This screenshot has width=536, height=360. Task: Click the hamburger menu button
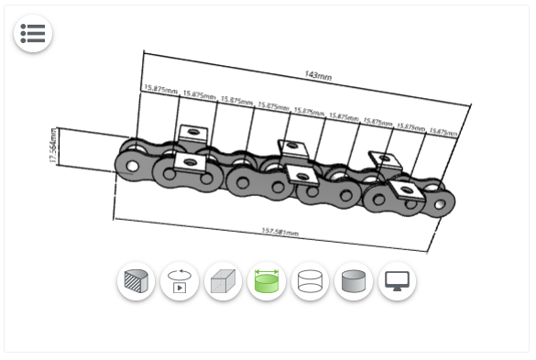click(x=32, y=34)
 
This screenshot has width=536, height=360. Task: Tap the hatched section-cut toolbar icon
click(x=137, y=282)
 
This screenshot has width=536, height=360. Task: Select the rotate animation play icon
click(x=180, y=282)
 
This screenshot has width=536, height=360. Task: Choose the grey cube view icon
click(x=223, y=282)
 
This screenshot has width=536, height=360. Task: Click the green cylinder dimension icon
click(x=267, y=282)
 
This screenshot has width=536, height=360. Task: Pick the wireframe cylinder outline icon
click(x=310, y=282)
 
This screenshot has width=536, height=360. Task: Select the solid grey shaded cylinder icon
click(x=354, y=282)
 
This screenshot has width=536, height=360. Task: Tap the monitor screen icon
click(x=397, y=282)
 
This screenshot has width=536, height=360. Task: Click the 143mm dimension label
click(x=318, y=74)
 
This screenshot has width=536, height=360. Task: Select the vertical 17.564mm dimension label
click(x=53, y=147)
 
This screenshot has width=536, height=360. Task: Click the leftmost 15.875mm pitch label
click(x=159, y=89)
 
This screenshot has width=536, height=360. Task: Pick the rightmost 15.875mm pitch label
click(x=443, y=132)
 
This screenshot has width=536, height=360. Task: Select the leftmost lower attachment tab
click(x=190, y=163)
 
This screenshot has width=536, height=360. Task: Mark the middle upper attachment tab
click(x=292, y=147)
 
